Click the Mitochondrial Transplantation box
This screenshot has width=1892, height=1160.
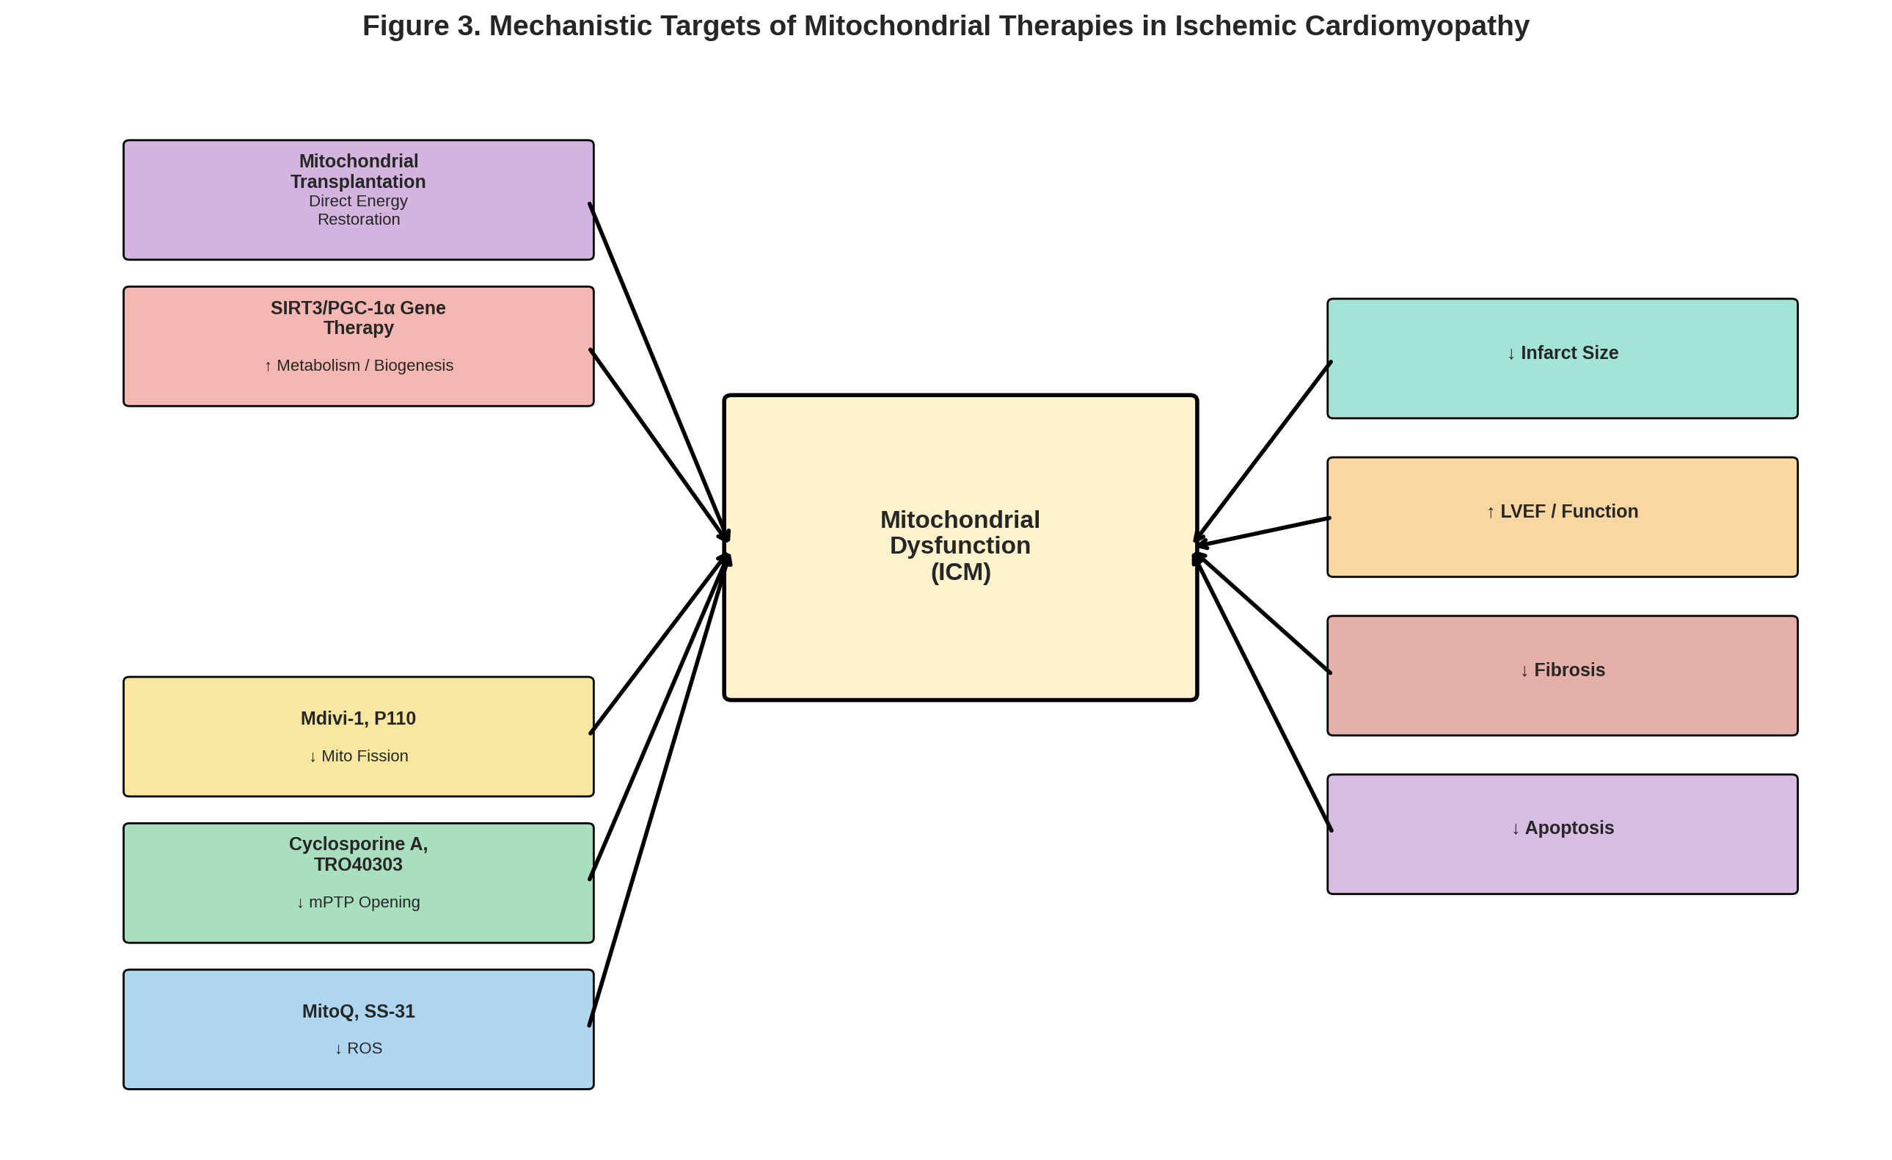pyautogui.click(x=358, y=200)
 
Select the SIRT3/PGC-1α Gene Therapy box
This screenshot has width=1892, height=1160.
pyautogui.click(x=358, y=347)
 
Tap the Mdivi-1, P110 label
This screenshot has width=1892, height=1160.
pyautogui.click(x=358, y=718)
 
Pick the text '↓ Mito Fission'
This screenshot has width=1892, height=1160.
pyautogui.click(x=358, y=756)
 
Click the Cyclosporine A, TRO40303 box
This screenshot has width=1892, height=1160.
pyautogui.click(x=358, y=882)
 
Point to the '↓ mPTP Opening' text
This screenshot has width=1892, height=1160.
pyautogui.click(x=358, y=902)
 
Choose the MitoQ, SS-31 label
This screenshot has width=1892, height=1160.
pyautogui.click(x=358, y=1011)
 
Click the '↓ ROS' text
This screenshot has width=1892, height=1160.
pyautogui.click(x=358, y=1048)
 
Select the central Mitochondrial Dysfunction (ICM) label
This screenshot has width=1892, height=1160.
pyautogui.click(x=960, y=545)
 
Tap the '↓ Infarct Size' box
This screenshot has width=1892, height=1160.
pyautogui.click(x=1562, y=359)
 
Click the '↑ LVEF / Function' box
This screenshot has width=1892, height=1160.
pyautogui.click(x=1562, y=517)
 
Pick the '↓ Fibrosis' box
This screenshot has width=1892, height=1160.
pyautogui.click(x=1562, y=675)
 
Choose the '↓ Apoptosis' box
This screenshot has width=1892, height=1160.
pyautogui.click(x=1562, y=834)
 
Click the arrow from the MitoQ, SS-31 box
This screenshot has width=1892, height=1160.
pyautogui.click(x=657, y=791)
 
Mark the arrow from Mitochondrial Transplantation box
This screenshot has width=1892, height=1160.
pyautogui.click(x=657, y=369)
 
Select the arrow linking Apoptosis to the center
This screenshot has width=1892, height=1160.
pyautogui.click(x=1263, y=694)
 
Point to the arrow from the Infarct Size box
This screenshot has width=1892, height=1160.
pyautogui.click(x=1263, y=452)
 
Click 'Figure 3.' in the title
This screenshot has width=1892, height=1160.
pyautogui.click(x=421, y=26)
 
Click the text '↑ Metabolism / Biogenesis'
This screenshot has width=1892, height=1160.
pyautogui.click(x=358, y=366)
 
